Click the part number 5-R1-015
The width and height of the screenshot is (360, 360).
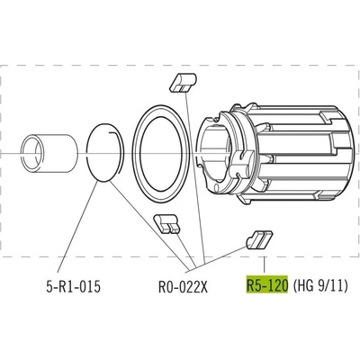(x=74, y=287)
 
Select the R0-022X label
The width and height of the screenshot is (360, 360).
(x=183, y=287)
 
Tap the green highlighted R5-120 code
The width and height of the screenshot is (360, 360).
(x=267, y=285)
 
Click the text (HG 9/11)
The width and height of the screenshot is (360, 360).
(x=320, y=285)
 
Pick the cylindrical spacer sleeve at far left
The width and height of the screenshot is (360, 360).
(x=49, y=153)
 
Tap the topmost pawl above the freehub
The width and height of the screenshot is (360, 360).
(x=183, y=83)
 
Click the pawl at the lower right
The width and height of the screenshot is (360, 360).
(x=259, y=239)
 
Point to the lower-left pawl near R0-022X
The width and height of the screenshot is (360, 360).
(x=166, y=223)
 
